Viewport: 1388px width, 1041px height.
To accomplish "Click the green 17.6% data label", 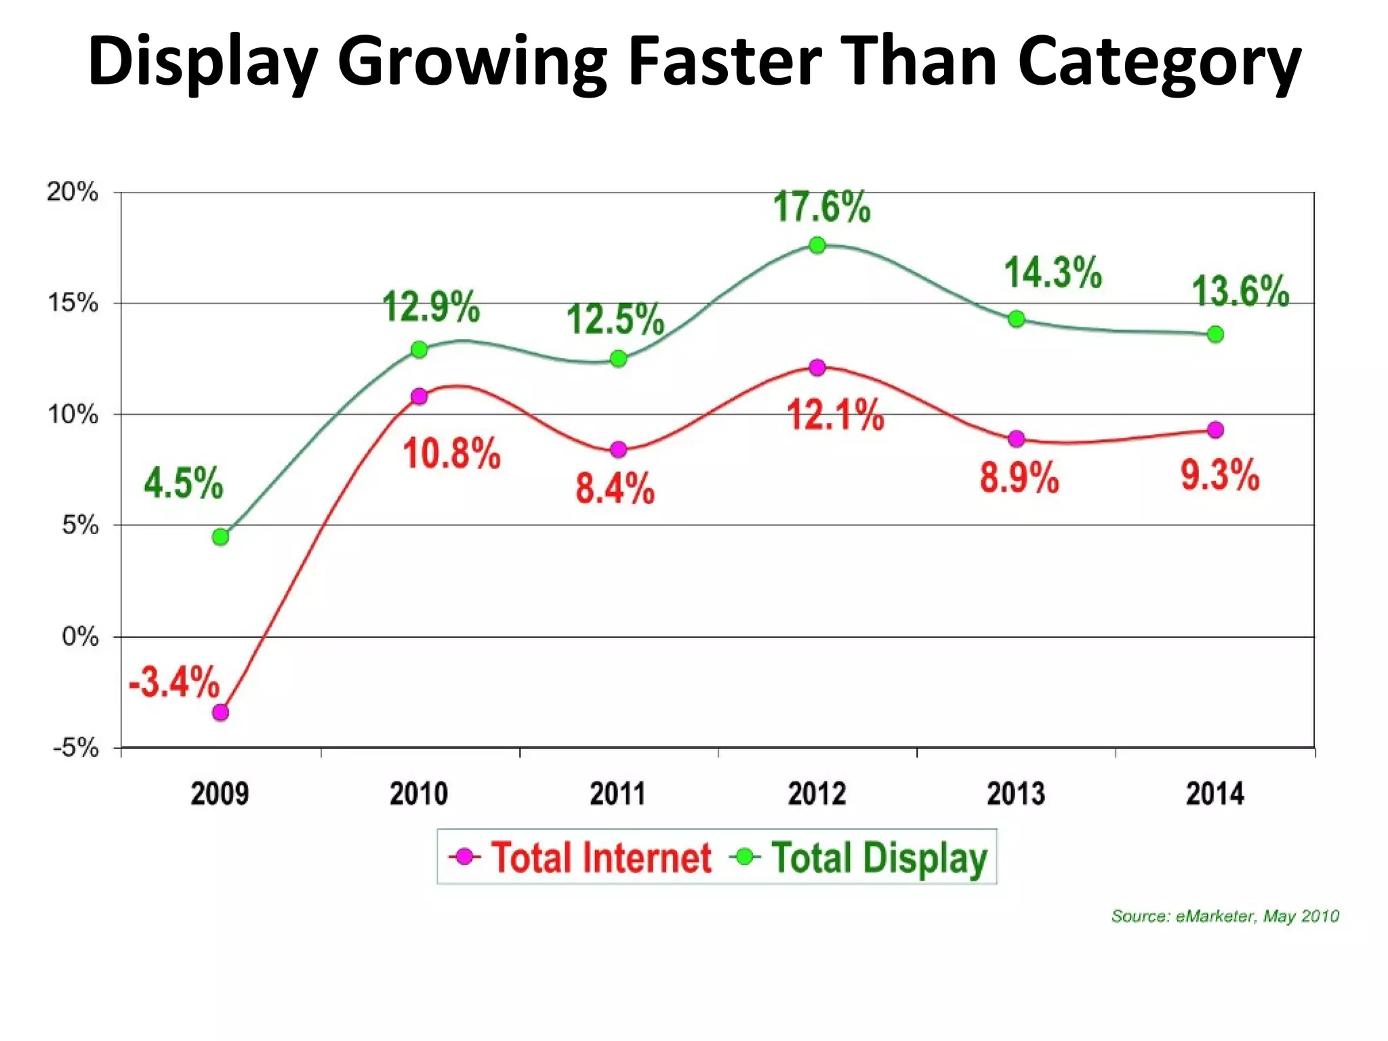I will coord(821,207).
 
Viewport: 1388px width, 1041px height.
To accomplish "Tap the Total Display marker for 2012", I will coord(817,245).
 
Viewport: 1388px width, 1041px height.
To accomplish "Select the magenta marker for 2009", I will coord(220,712).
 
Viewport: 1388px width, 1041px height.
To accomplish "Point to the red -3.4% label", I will coord(174,682).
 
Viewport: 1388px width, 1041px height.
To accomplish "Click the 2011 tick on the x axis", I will coord(617,794).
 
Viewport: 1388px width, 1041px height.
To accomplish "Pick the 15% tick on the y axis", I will coord(73,303).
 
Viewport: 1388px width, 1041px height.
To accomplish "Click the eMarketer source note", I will coord(1225,916).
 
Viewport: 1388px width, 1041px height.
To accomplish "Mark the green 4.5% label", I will coord(183,483).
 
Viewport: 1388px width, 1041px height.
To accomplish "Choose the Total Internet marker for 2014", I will coord(1215,430).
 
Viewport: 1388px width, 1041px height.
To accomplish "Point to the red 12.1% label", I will coord(835,415).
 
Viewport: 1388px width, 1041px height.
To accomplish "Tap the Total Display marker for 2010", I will coord(420,350).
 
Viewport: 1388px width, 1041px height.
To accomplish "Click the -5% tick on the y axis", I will coord(76,748).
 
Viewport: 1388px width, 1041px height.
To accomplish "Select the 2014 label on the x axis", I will coord(1214,794).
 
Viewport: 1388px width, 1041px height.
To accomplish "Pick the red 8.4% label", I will coord(615,488).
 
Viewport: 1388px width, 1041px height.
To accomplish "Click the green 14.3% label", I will coord(1053,273).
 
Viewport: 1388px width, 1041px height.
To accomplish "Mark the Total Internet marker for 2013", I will coord(1016,438).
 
